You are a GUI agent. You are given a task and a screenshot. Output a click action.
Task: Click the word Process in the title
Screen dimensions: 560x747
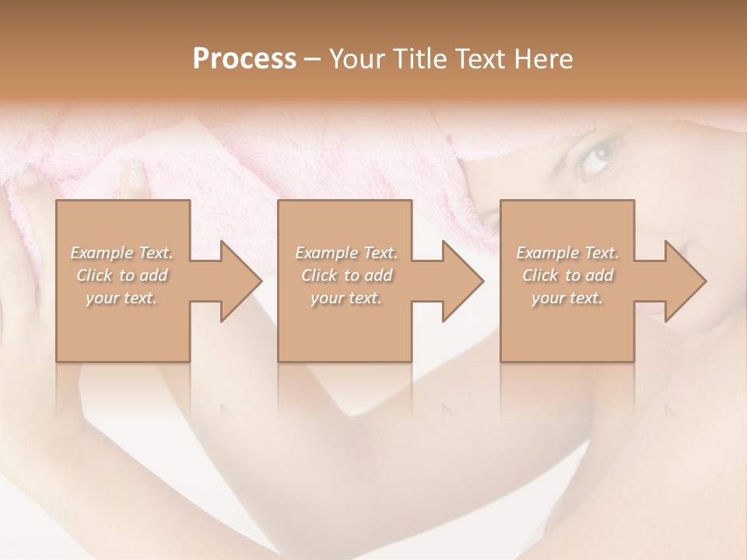[x=244, y=59]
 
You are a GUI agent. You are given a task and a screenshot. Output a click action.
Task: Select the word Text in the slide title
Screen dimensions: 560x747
[x=480, y=59]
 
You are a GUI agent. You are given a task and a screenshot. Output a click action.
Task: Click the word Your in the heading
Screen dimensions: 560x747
[x=356, y=59]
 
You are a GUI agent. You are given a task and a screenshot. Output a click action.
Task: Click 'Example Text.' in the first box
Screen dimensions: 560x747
[x=121, y=253]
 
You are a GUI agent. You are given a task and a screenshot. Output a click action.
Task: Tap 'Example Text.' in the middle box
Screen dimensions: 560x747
[x=345, y=253]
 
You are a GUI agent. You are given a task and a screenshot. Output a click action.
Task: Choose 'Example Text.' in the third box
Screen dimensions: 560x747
[x=567, y=253]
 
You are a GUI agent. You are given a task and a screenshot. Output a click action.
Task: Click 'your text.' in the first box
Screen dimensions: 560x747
[x=121, y=298]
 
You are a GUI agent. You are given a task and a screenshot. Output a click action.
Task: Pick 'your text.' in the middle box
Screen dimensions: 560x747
[x=345, y=298]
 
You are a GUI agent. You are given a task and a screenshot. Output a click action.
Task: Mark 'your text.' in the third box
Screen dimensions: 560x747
[x=567, y=298]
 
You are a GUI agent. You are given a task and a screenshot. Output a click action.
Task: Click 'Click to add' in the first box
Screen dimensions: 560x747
[x=121, y=275]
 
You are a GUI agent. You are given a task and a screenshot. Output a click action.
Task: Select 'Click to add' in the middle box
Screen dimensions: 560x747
[x=345, y=275]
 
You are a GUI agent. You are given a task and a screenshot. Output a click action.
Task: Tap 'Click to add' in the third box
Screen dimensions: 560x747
[x=567, y=275]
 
